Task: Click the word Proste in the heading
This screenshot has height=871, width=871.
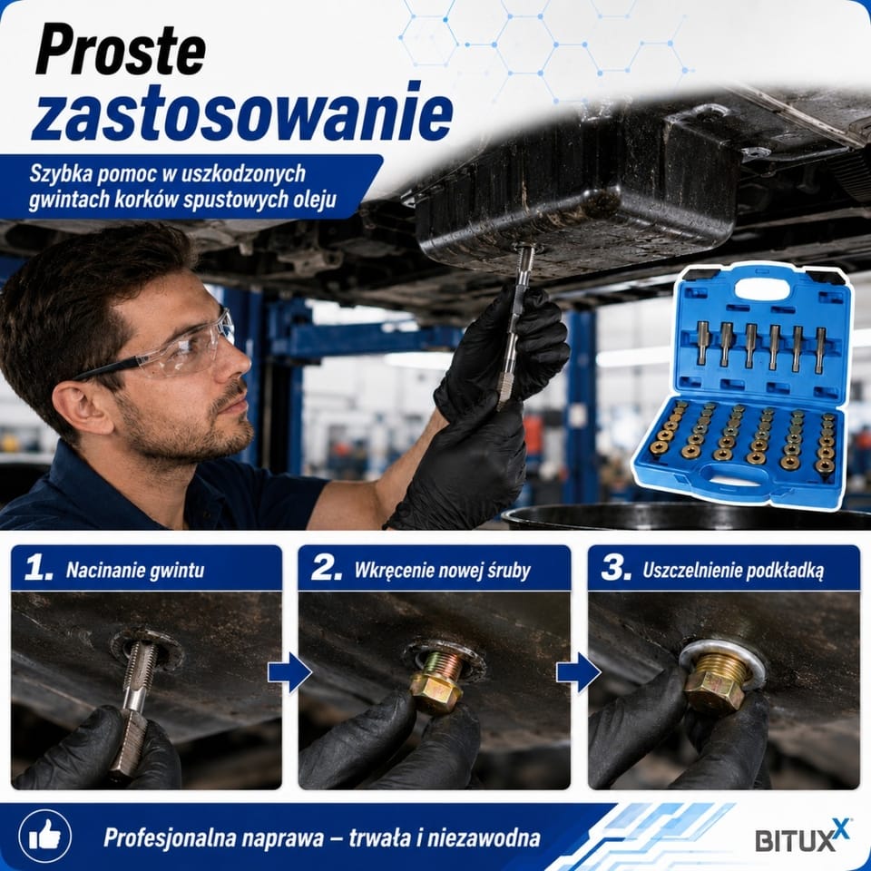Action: point(121,49)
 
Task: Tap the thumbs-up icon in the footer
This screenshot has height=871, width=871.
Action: point(44,836)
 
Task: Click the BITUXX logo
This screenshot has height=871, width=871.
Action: point(801,837)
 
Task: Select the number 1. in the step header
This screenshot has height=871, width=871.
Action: point(38,569)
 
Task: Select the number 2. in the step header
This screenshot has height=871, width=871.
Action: point(327,569)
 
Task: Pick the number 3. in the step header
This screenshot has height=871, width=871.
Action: point(616,569)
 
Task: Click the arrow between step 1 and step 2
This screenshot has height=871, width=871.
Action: point(289,672)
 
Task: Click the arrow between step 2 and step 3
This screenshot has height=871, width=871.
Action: point(578,672)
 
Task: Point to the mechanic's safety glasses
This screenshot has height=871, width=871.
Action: point(167,350)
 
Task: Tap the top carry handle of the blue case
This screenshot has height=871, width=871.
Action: point(762,289)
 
